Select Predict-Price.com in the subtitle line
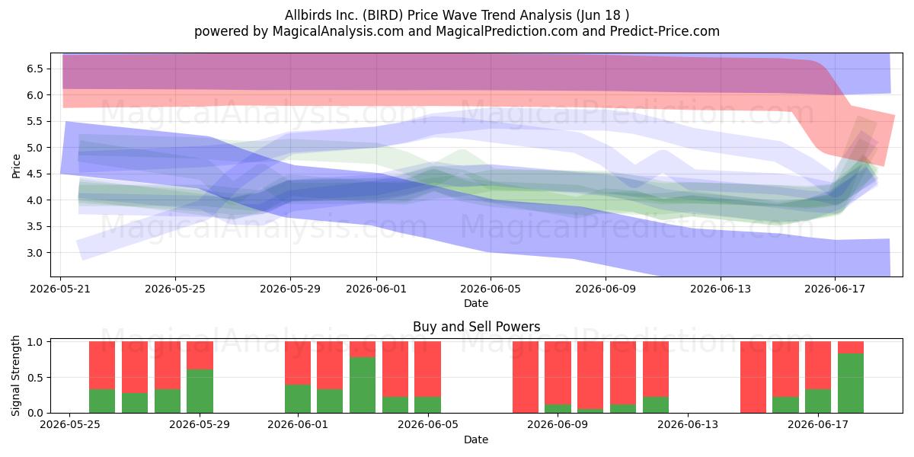(665, 31)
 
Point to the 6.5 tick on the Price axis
(35, 69)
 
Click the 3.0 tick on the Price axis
(35, 253)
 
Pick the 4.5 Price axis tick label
(35, 174)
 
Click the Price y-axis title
(16, 166)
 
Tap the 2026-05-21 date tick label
(60, 289)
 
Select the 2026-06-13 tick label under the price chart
(721, 289)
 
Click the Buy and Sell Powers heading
(476, 327)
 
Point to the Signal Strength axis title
(15, 376)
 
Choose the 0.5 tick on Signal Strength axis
(35, 378)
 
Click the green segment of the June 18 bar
(851, 383)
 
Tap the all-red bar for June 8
(526, 377)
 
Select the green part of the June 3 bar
(363, 385)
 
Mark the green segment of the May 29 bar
(200, 391)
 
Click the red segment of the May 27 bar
(135, 367)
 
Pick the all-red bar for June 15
(753, 377)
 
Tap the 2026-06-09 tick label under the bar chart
(558, 425)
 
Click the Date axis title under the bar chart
(476, 439)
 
